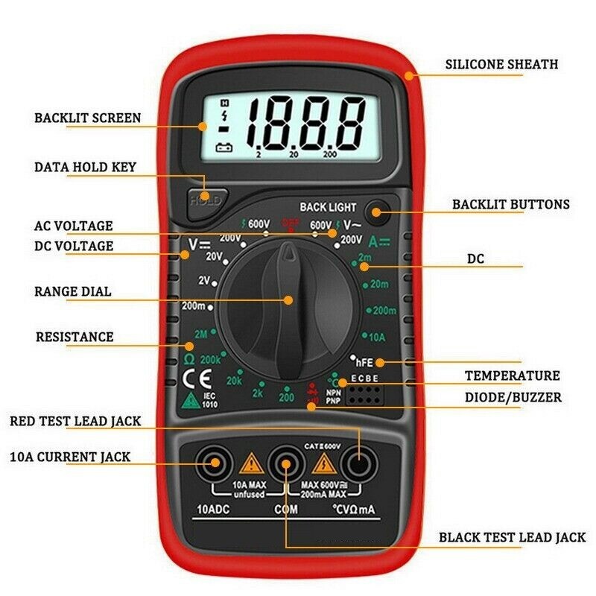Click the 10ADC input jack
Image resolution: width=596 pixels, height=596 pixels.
tap(215, 466)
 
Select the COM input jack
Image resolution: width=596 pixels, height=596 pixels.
tap(285, 466)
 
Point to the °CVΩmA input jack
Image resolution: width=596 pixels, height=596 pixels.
tap(356, 466)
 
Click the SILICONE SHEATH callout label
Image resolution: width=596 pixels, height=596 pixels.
tap(501, 64)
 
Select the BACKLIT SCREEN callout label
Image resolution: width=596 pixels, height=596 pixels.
tap(87, 118)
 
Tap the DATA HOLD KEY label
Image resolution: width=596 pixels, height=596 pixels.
tap(86, 167)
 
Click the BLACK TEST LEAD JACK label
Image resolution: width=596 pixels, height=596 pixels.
tap(512, 537)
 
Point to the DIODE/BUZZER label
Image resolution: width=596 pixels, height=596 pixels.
tap(513, 397)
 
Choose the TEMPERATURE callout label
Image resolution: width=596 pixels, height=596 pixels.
tap(512, 375)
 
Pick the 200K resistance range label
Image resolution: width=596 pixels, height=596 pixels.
tap(211, 359)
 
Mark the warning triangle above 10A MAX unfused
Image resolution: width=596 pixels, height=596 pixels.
tap(250, 466)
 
